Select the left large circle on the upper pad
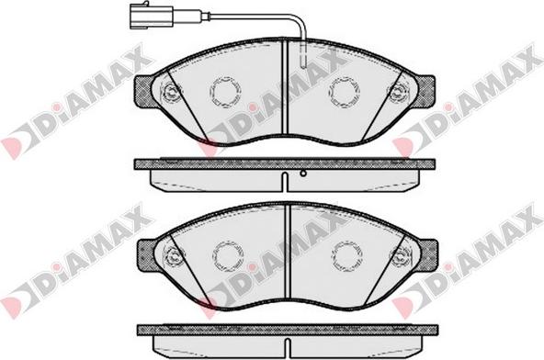point(225,91)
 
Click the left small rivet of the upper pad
point(170,92)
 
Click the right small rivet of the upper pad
point(399,92)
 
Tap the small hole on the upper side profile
point(302,173)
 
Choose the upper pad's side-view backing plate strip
point(285,163)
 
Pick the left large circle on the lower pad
point(227,255)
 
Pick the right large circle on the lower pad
point(346,255)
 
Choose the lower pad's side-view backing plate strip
point(287,329)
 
